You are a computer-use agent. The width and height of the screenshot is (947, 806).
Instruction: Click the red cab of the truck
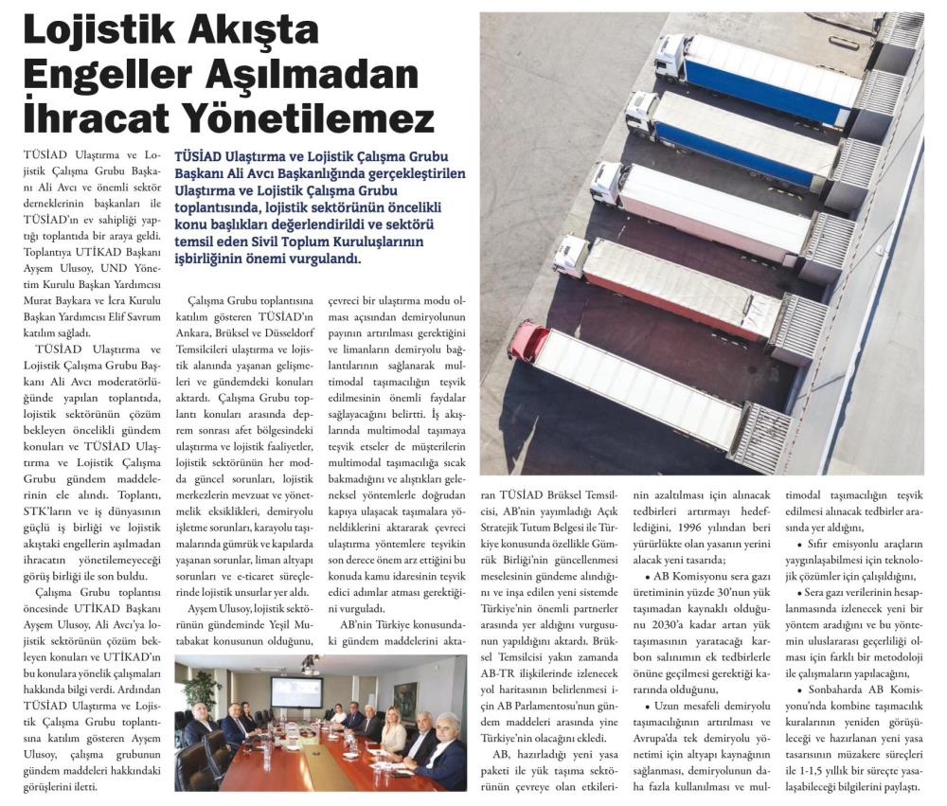pyautogui.click(x=526, y=340)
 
